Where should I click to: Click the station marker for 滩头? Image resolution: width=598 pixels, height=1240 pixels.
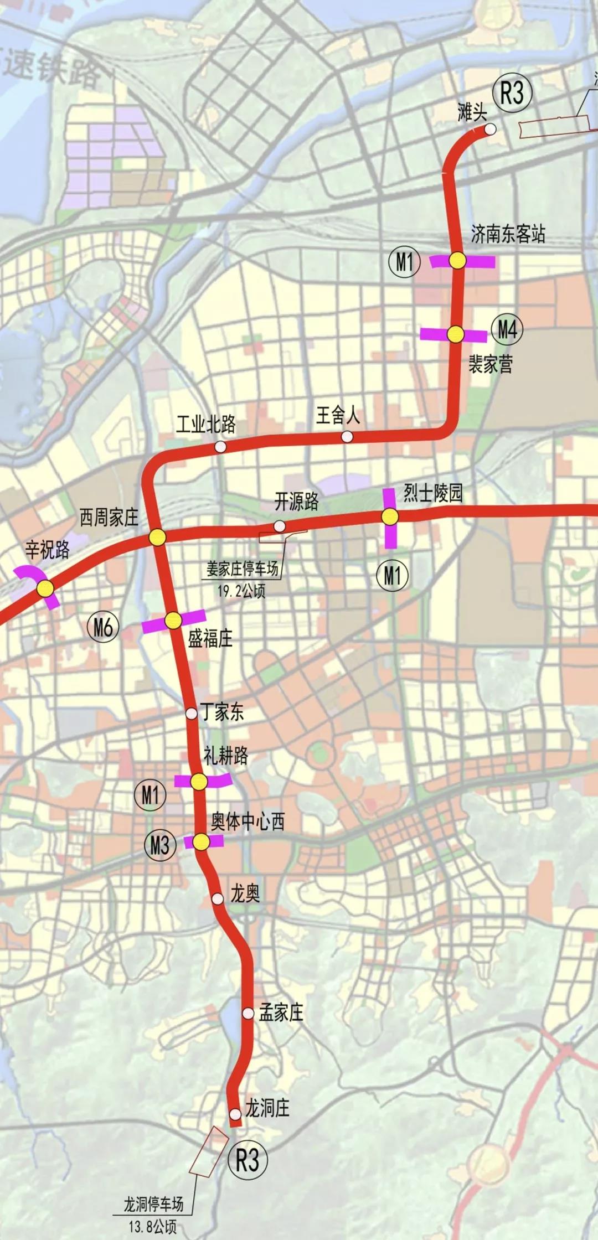[490, 129]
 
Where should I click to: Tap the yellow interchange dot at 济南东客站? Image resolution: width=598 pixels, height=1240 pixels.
[457, 260]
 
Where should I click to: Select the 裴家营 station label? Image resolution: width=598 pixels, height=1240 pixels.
[491, 364]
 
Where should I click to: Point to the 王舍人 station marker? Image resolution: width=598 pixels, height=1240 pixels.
[347, 437]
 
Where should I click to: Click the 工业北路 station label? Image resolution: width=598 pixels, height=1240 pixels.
[206, 425]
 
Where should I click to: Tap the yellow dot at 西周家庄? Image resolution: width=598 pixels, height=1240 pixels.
[157, 536]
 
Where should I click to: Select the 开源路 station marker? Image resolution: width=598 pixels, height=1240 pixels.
[280, 525]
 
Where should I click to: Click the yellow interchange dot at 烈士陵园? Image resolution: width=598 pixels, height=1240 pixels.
[390, 517]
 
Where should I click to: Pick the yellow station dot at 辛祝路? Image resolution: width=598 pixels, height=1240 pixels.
[45, 588]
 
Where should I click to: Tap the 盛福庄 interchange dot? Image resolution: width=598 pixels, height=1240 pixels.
[173, 621]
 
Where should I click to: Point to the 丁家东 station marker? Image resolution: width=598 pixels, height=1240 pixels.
[191, 714]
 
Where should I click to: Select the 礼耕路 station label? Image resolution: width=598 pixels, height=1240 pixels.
[226, 756]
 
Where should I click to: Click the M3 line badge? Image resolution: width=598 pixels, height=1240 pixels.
[159, 845]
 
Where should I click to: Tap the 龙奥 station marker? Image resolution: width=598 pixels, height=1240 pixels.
[218, 898]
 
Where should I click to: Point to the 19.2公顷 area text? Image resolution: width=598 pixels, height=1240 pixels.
[241, 591]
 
